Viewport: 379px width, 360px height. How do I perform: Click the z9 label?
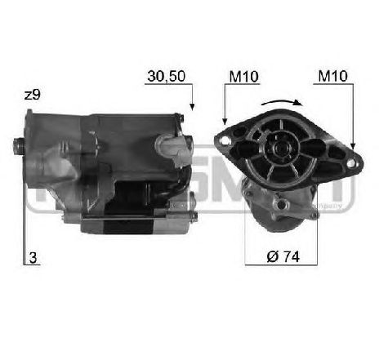tap(32, 95)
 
